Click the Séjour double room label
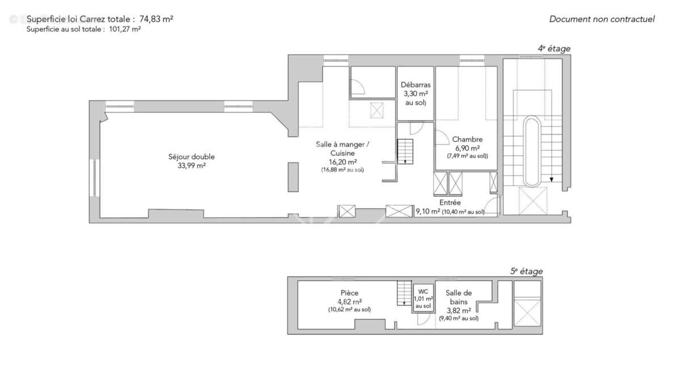pos(191,157)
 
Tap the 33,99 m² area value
pos(191,166)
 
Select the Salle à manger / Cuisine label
pos(342,149)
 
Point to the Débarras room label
pos(415,85)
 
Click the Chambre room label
pos(467,140)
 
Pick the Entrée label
pos(450,203)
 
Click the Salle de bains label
pos(459,297)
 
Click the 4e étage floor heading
pos(554,49)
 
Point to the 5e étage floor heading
pos(526,271)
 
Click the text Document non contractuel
pos(602,19)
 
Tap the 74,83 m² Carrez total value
pos(156,19)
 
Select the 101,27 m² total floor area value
pos(125,30)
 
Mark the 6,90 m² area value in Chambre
pos(467,148)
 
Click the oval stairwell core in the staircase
pos(532,151)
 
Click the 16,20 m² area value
pos(342,162)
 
